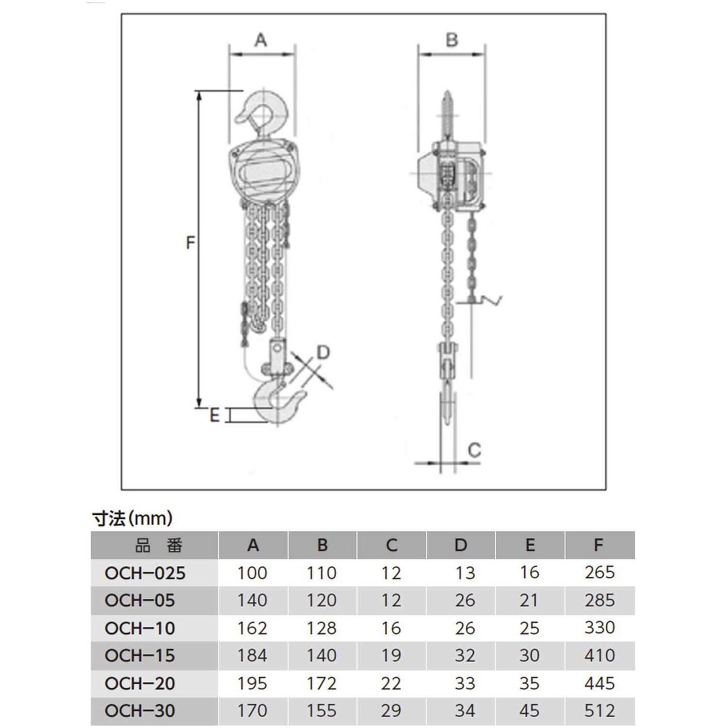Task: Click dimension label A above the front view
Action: (260, 40)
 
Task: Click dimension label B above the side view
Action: (452, 40)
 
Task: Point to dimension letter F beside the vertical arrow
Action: (191, 242)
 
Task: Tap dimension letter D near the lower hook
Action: (323, 352)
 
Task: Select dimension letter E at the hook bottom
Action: (214, 416)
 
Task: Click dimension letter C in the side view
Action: (474, 450)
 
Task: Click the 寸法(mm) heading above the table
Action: (132, 519)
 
